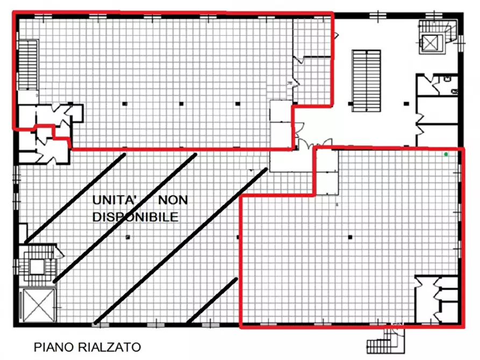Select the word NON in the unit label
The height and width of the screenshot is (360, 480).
pyautogui.click(x=173, y=200)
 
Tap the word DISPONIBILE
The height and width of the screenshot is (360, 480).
pyautogui.click(x=135, y=217)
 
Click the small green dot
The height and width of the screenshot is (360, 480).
pyautogui.click(x=446, y=154)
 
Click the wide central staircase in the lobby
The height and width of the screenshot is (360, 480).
pyautogui.click(x=366, y=78)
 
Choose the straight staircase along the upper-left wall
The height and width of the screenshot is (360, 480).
pyautogui.click(x=27, y=64)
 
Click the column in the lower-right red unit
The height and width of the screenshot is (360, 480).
pyautogui.click(x=349, y=237)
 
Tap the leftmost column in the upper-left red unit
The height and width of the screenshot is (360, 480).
pyautogui.click(x=124, y=102)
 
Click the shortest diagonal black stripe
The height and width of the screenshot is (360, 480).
pyautogui.click(x=212, y=300)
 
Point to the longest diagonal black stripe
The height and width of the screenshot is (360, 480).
pyautogui.click(x=180, y=247)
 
